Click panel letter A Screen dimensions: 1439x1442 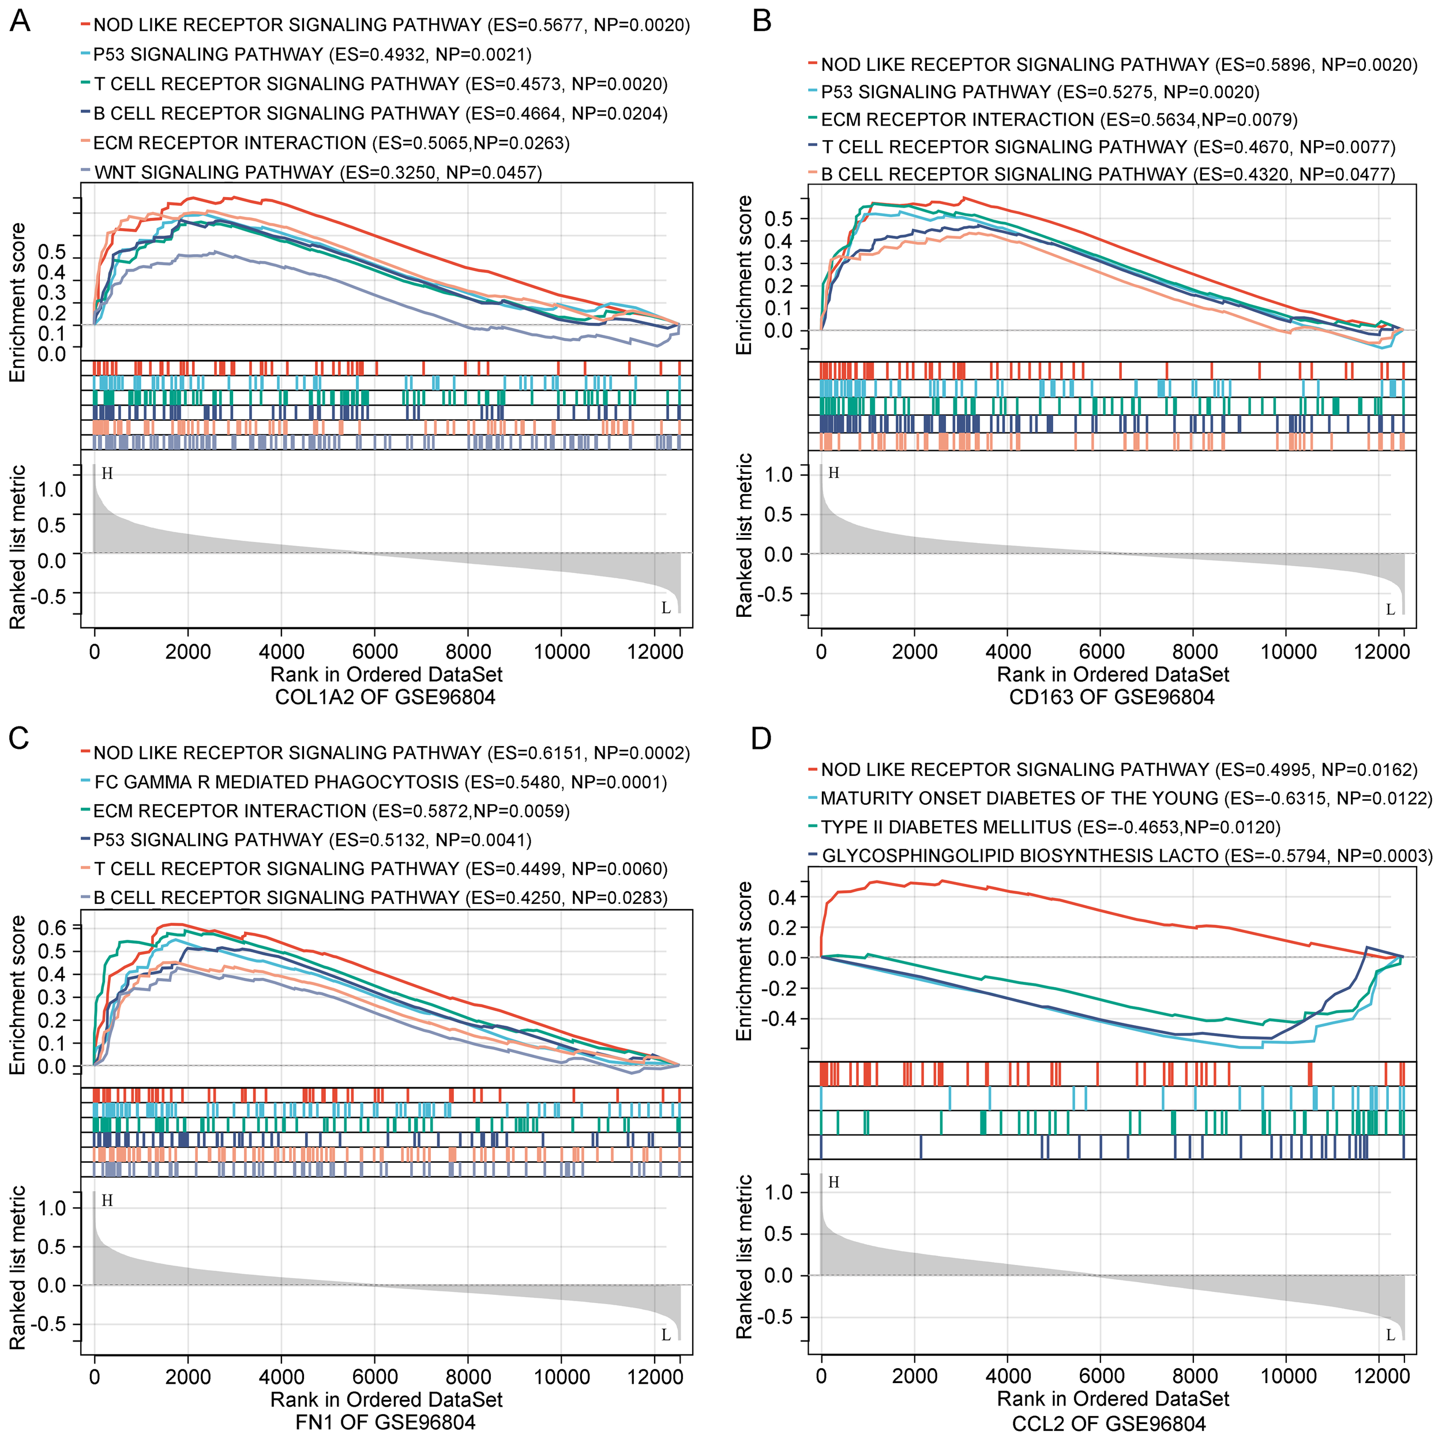tap(20, 22)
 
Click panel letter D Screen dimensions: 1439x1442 tap(761, 739)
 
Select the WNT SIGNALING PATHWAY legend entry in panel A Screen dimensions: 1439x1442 tap(317, 172)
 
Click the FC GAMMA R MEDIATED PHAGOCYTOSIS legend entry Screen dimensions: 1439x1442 tap(381, 782)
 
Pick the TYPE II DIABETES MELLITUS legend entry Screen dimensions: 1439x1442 tap(1050, 827)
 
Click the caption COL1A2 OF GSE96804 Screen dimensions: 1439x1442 tap(385, 698)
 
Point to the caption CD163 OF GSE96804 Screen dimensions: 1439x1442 tap(1111, 698)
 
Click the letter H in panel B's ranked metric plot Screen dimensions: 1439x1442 tap(833, 473)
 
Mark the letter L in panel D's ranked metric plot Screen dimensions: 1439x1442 tap(1390, 1335)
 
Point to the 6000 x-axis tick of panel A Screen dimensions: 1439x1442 tap(375, 652)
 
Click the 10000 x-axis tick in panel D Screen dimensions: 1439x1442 tap(1288, 1376)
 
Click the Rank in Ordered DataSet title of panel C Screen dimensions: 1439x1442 tap(386, 1399)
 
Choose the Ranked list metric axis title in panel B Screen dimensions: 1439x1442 tap(744, 536)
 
